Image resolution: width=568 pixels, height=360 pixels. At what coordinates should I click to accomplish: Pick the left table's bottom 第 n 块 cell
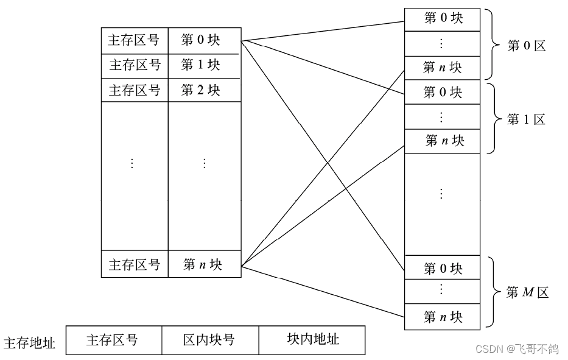[x=204, y=264]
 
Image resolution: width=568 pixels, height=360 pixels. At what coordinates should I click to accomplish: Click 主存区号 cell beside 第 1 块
[x=135, y=65]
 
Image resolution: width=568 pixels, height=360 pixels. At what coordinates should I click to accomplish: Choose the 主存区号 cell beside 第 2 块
[x=135, y=90]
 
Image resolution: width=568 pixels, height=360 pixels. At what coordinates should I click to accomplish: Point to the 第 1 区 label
[x=527, y=119]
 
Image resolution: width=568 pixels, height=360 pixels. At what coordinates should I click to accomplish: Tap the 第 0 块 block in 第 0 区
[x=443, y=18]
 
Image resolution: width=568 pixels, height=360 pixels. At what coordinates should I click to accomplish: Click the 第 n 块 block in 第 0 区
[x=443, y=67]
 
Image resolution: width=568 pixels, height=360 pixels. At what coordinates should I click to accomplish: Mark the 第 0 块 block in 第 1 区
[x=443, y=93]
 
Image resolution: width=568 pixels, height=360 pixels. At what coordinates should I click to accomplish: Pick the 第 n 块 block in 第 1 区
[x=444, y=141]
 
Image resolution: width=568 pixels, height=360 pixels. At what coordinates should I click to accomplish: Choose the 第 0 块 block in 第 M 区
[x=443, y=269]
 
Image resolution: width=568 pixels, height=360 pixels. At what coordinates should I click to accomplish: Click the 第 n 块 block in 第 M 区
[x=443, y=317]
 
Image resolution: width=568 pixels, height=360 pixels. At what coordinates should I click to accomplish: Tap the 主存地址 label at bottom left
[x=30, y=343]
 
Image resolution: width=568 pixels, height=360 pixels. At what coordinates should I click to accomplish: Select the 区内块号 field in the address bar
[x=209, y=340]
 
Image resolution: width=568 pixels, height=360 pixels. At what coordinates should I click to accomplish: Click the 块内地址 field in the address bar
[x=312, y=339]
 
